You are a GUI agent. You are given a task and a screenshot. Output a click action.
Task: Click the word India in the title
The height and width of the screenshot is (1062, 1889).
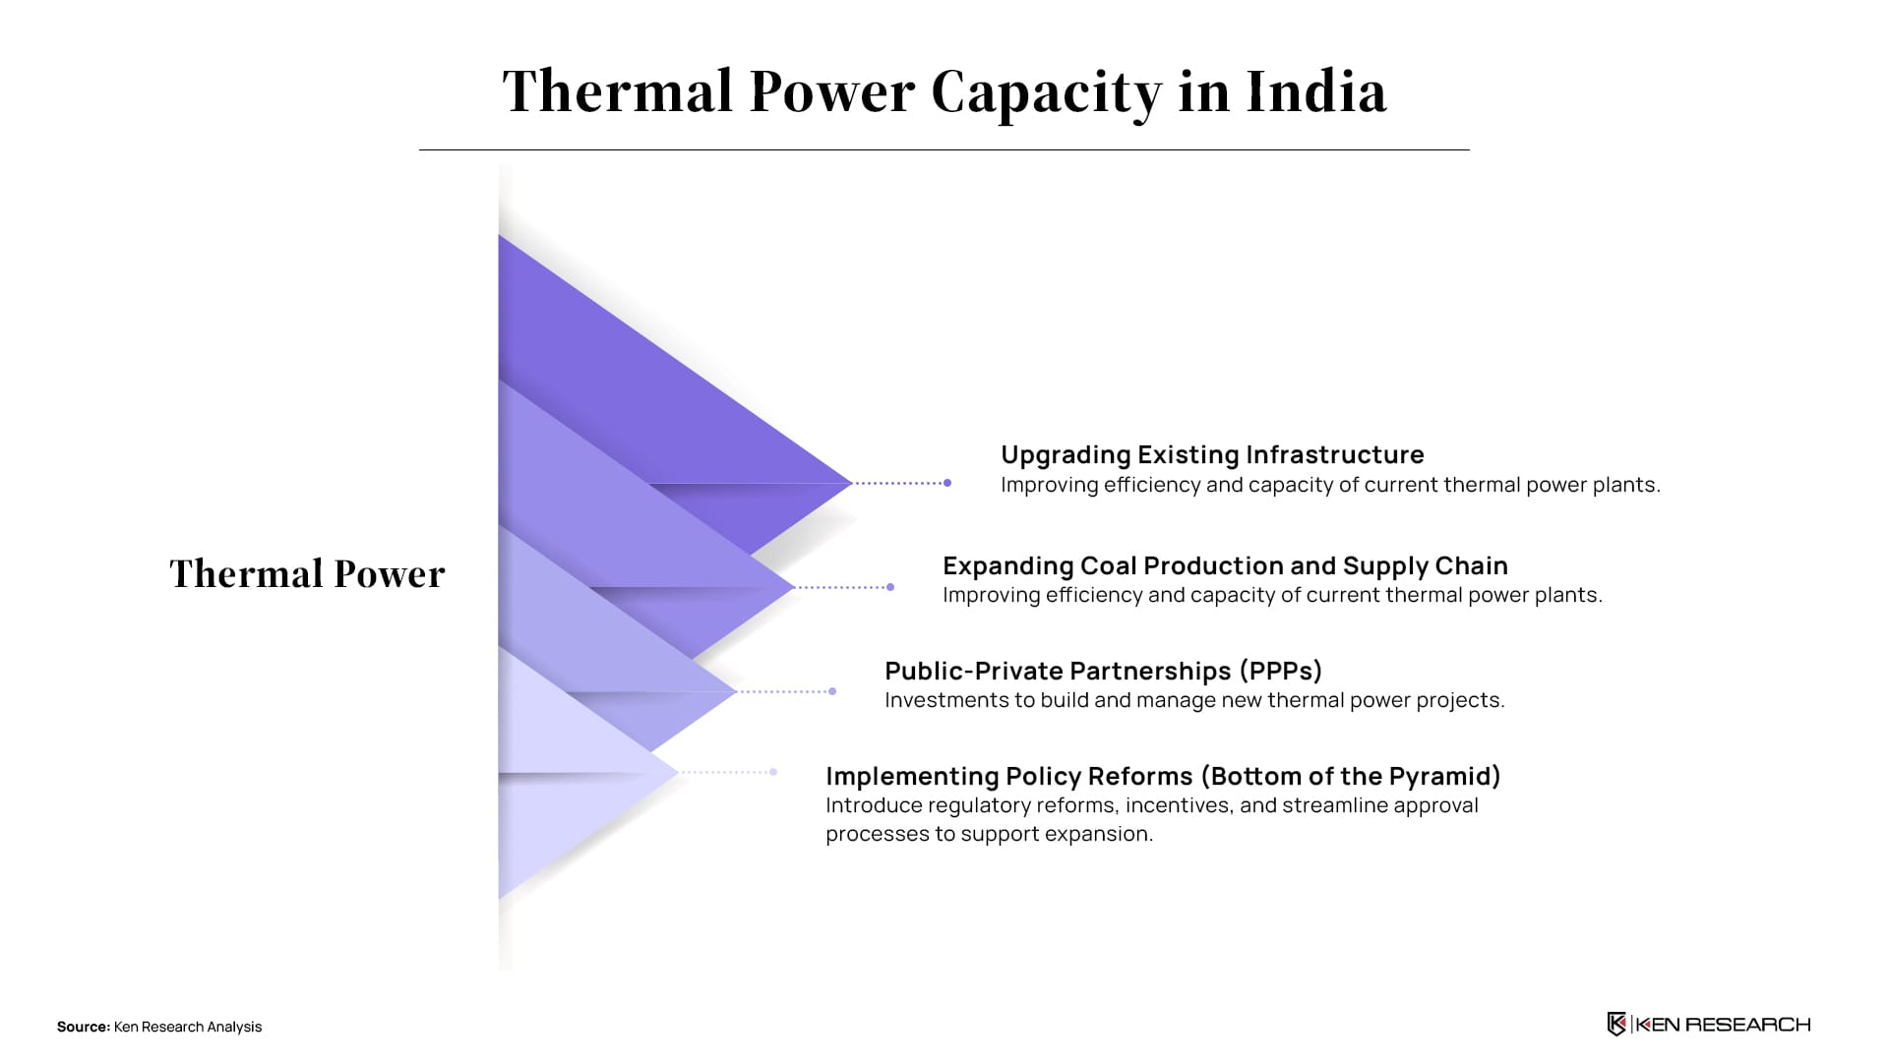(x=1316, y=91)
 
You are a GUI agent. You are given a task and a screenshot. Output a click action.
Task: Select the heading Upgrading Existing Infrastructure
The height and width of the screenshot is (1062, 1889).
(x=1212, y=454)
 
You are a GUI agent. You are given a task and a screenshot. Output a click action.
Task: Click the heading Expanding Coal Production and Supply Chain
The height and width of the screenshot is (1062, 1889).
(x=1225, y=565)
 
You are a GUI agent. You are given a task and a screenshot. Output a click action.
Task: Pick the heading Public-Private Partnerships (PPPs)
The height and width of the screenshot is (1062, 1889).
(x=1103, y=671)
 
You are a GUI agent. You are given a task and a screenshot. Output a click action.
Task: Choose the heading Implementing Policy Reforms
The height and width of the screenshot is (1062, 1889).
(x=1008, y=776)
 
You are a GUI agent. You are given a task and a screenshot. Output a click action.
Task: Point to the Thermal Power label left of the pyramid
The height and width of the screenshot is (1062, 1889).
(x=307, y=573)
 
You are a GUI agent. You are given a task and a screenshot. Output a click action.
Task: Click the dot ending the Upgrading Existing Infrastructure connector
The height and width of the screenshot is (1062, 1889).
(x=947, y=483)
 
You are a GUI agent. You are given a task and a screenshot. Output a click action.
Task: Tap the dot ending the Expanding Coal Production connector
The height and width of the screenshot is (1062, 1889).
(x=890, y=587)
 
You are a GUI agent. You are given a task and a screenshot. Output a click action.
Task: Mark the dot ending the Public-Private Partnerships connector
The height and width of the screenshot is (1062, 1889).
(x=832, y=691)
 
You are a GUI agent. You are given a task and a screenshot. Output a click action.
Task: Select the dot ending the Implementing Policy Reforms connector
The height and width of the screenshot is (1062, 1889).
(x=774, y=772)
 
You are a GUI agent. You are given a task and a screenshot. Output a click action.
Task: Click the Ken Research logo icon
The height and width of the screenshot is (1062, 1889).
(x=1616, y=1025)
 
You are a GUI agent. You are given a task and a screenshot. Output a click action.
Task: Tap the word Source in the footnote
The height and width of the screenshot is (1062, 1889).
(x=84, y=1027)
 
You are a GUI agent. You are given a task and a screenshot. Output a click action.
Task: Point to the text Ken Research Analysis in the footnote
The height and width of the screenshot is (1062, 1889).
(x=188, y=1027)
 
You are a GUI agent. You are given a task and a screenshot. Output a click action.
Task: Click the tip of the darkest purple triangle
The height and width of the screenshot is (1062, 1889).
(x=852, y=483)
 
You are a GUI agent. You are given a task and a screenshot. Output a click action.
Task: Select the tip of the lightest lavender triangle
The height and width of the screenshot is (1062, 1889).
(x=678, y=773)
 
